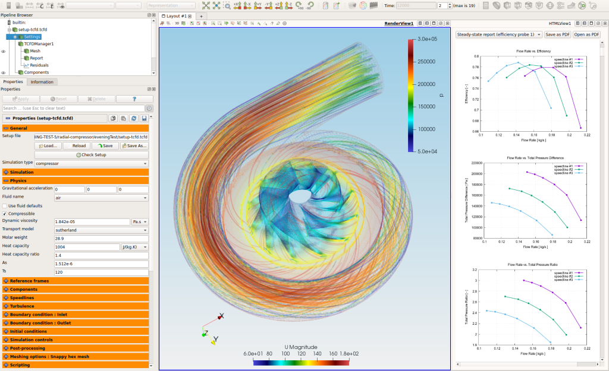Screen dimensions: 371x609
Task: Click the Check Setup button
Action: pyautogui.click(x=91, y=154)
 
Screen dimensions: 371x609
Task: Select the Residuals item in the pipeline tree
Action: pyautogui.click(x=39, y=65)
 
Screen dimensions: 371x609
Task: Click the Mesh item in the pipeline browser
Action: pyautogui.click(x=35, y=51)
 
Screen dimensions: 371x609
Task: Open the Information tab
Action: pyautogui.click(x=42, y=82)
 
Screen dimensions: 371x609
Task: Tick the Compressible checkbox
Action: pyautogui.click(x=5, y=214)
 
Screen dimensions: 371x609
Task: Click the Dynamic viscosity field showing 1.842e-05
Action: pyautogui.click(x=92, y=221)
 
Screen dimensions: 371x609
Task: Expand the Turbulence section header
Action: pyautogui.click(x=22, y=306)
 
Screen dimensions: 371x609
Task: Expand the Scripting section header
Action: pyautogui.click(x=20, y=365)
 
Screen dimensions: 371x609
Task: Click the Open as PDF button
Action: pyautogui.click(x=587, y=34)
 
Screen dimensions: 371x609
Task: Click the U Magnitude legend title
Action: pyautogui.click(x=301, y=347)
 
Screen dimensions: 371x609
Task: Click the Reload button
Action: pyautogui.click(x=79, y=145)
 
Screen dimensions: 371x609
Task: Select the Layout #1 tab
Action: pyautogui.click(x=177, y=16)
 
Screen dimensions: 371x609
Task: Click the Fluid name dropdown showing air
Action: pyautogui.click(x=91, y=197)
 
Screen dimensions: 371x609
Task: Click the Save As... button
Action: pyautogui.click(x=135, y=145)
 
